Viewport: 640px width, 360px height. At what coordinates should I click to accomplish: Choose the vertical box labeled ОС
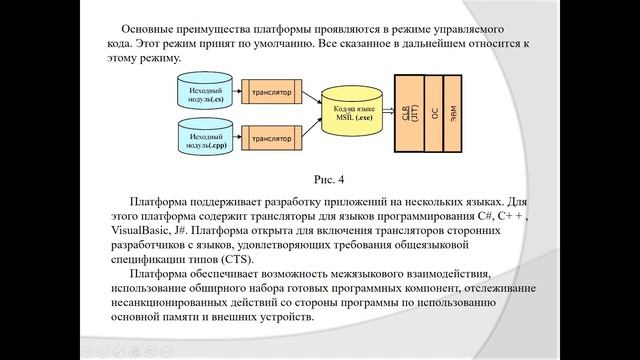tap(434, 114)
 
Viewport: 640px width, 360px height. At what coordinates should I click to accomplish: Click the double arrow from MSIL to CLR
tap(390, 114)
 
